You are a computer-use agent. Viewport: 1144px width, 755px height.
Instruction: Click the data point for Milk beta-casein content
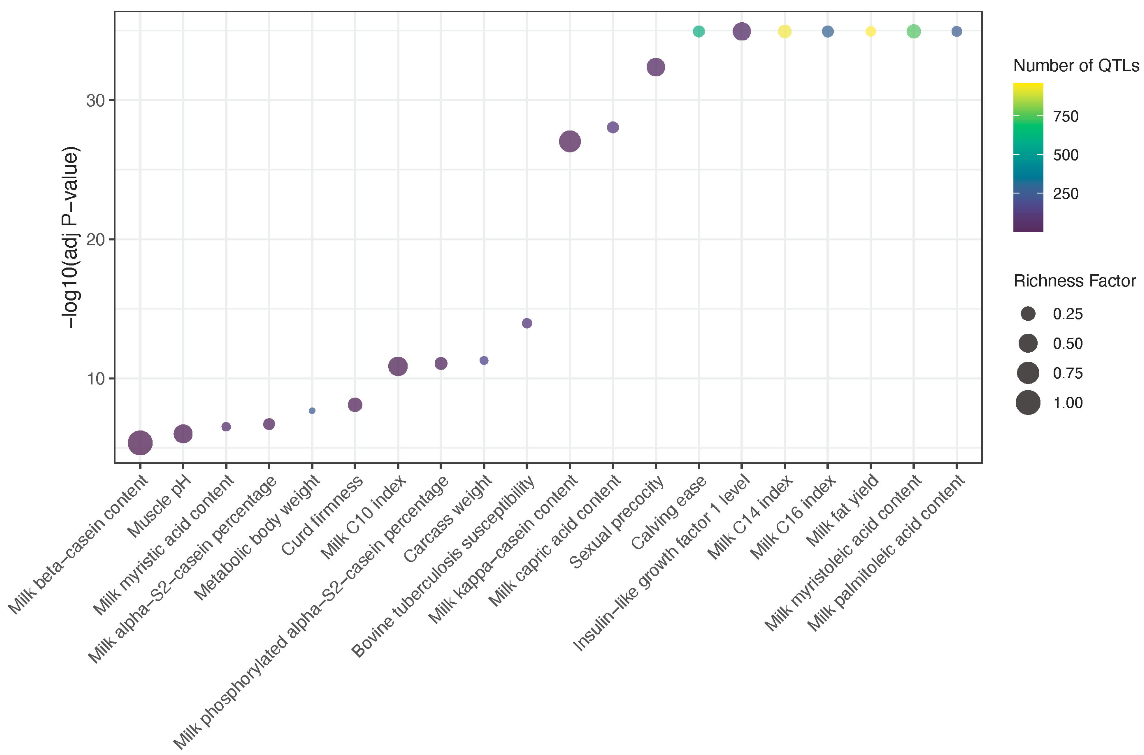point(140,443)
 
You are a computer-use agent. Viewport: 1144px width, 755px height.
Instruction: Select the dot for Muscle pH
point(183,433)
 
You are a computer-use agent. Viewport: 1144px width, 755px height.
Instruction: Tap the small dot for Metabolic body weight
point(312,411)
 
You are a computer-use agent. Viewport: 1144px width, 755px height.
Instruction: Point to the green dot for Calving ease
point(699,31)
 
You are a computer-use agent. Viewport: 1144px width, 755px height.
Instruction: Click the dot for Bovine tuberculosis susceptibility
point(527,323)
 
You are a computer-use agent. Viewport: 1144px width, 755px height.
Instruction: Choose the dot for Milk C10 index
point(398,366)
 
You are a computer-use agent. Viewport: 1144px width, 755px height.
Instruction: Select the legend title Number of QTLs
point(1076,65)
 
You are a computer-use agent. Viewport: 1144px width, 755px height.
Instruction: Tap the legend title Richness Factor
point(1074,281)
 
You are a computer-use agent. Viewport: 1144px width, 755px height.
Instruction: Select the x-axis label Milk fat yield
point(843,511)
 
